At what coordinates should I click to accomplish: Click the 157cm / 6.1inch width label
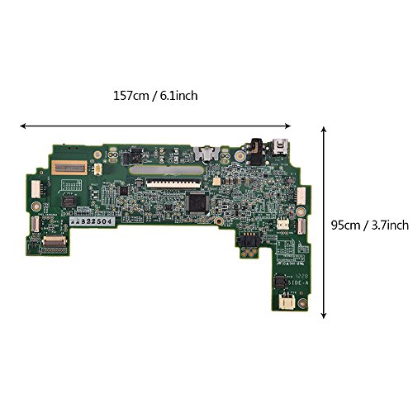154,95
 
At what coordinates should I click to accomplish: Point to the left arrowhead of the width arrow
23,126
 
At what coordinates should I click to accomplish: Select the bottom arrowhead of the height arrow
323,315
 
